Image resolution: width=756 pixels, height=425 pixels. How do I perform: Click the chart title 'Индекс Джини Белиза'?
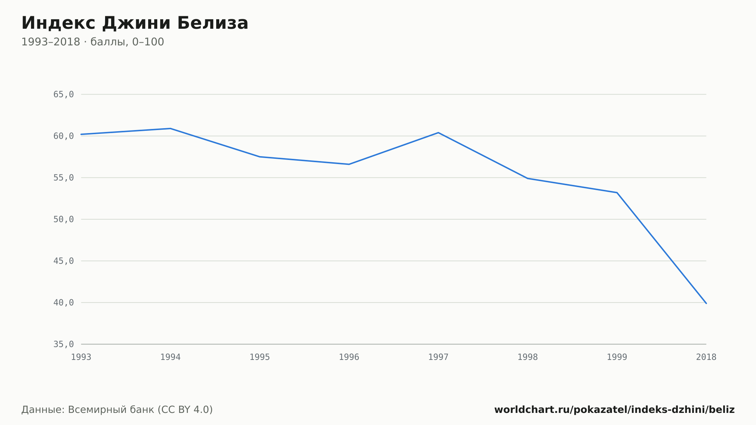[x=135, y=23]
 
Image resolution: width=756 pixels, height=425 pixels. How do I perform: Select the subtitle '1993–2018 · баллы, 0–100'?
[x=93, y=42]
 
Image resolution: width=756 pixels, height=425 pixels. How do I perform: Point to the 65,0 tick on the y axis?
[x=64, y=95]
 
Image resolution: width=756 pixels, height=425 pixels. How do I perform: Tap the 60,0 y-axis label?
[x=64, y=136]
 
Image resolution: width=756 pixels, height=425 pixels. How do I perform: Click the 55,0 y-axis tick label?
[x=64, y=178]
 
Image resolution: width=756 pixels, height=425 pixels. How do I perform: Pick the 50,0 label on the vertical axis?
[x=64, y=219]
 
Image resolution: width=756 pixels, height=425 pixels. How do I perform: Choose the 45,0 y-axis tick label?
[x=64, y=261]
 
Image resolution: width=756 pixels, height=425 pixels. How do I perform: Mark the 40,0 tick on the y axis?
[x=64, y=302]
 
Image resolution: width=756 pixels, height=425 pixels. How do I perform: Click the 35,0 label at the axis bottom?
[x=64, y=344]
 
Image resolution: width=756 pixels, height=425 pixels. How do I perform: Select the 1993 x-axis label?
[x=81, y=357]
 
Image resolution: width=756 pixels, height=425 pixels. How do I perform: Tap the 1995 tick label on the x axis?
[x=260, y=357]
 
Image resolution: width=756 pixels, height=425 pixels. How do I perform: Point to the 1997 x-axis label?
[x=438, y=357]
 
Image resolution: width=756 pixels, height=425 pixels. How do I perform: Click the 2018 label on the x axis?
[x=706, y=357]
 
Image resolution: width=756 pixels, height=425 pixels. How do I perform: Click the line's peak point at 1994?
[x=170, y=129]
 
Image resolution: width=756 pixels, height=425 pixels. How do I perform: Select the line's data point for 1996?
[x=349, y=164]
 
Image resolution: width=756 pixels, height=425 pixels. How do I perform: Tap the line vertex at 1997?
[x=438, y=133]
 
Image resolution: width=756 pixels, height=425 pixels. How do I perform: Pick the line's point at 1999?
[x=617, y=192]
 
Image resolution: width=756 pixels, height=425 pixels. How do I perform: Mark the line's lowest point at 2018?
[x=706, y=303]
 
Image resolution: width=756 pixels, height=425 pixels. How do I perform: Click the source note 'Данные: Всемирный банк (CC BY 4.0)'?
[x=117, y=410]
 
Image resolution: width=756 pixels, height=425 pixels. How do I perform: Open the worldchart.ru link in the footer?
[x=615, y=410]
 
